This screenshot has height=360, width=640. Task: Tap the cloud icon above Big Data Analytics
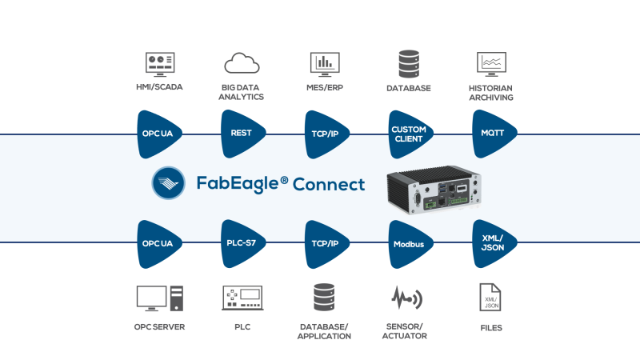242,62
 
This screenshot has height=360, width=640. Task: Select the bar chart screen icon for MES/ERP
325,63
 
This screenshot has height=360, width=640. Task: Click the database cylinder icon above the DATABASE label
409,63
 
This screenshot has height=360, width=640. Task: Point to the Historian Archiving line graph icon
491,63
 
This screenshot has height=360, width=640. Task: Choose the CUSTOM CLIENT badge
409,134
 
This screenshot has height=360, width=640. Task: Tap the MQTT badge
491,134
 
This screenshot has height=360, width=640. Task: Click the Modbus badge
409,243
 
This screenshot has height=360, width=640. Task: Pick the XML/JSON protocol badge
491,243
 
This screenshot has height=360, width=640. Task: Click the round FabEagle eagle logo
170,183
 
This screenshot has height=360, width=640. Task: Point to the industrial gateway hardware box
433,192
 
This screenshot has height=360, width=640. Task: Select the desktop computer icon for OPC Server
160,299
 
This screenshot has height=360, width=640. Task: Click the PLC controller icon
242,299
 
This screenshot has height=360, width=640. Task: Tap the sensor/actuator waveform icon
406,299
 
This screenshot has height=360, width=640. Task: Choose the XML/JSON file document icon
489,299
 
